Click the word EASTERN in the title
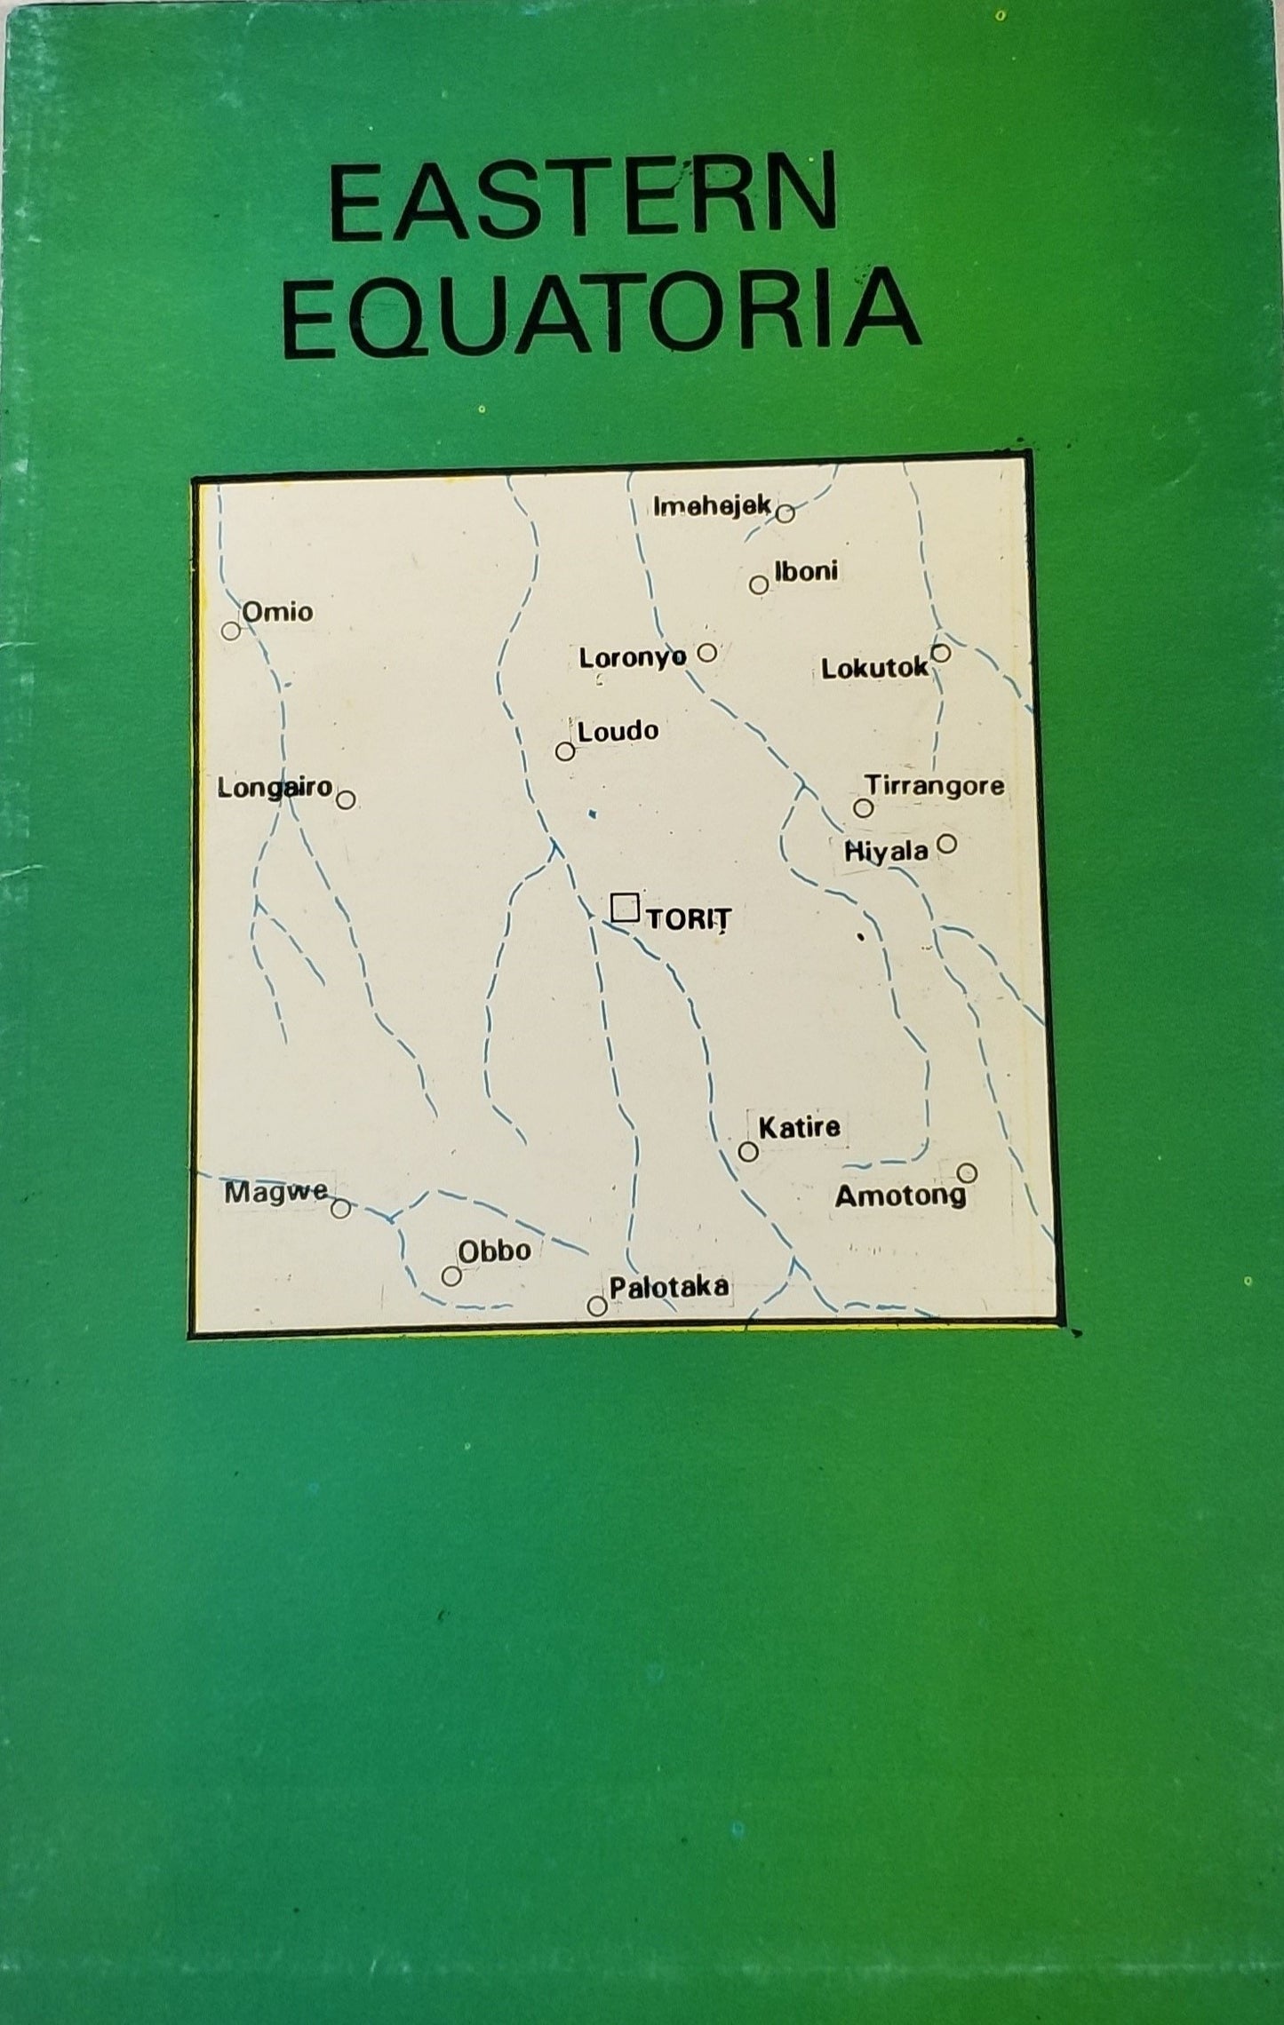coord(582,197)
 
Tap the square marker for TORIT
coord(625,907)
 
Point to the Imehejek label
coord(712,506)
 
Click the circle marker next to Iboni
coord(758,584)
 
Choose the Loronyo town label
coord(633,657)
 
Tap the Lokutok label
coord(874,668)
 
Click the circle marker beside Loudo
coord(564,751)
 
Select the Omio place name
coord(277,611)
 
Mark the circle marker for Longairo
coord(347,799)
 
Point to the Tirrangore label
coord(935,785)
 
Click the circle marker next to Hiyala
coord(947,843)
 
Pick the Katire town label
coord(799,1127)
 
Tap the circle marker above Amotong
coord(967,1172)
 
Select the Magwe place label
coord(275,1192)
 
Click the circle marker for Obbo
coord(451,1275)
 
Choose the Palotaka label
coord(668,1286)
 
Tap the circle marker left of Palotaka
coord(597,1306)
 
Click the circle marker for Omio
coord(231,631)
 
